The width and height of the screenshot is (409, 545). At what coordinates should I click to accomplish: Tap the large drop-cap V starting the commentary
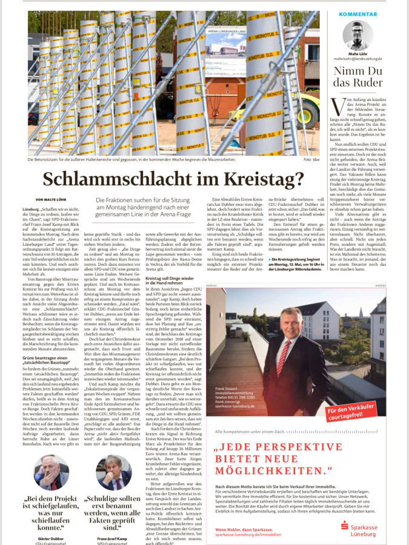[335, 105]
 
